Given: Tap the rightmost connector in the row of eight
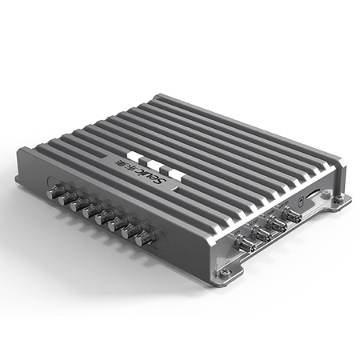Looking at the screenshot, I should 146,238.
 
